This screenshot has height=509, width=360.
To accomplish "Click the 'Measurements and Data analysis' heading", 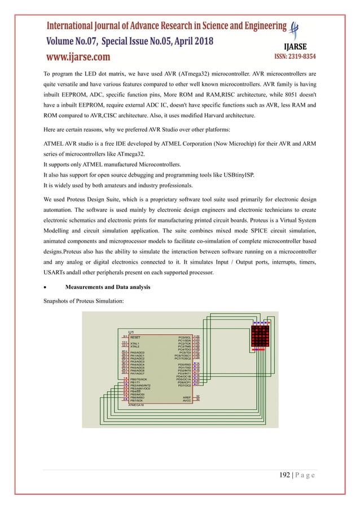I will pos(108,288).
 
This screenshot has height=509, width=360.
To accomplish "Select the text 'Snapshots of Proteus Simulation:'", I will pos(84,301).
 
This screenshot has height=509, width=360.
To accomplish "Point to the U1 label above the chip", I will pos(131,331).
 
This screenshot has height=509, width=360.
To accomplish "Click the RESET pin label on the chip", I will pos(136,336).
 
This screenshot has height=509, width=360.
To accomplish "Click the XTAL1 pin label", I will pos(135,343).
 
